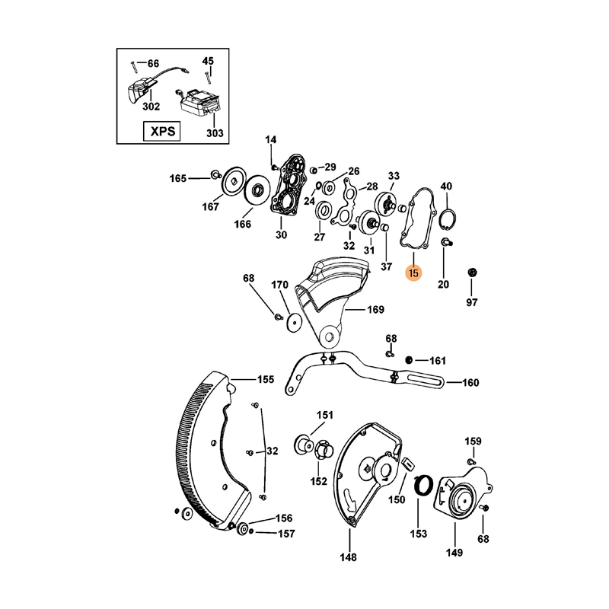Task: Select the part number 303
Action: tap(215, 133)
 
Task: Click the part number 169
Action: tap(375, 310)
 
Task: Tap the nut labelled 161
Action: tap(410, 359)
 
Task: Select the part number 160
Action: tap(470, 383)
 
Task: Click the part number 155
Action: tap(265, 378)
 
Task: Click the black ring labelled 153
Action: tap(423, 485)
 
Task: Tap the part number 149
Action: tap(454, 553)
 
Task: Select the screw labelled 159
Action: tap(472, 461)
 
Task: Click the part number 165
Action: tap(177, 178)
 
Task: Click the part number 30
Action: tap(281, 235)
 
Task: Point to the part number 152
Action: tap(317, 481)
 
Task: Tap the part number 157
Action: tap(285, 534)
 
